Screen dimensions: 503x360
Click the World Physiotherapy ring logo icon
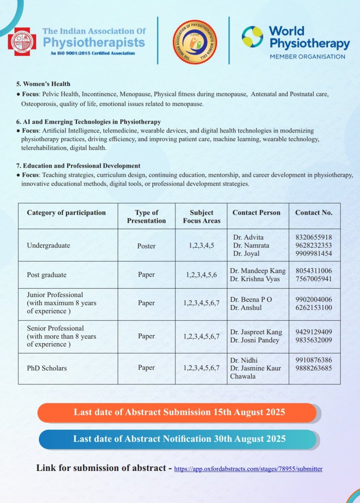point(252,36)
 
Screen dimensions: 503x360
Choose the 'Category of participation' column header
point(66,213)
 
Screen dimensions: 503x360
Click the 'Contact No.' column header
point(314,213)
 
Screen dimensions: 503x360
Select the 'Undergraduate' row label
point(48,246)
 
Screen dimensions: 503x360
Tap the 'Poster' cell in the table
point(146,246)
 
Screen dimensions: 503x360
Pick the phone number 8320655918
point(314,237)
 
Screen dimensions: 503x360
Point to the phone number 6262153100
point(314,307)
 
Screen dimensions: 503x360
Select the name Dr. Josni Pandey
point(255,340)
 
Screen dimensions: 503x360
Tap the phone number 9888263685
point(314,368)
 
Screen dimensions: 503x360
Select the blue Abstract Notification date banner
point(179,439)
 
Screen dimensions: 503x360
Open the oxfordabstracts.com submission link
point(248,468)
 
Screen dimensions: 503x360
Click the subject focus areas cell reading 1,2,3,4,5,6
point(201,275)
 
